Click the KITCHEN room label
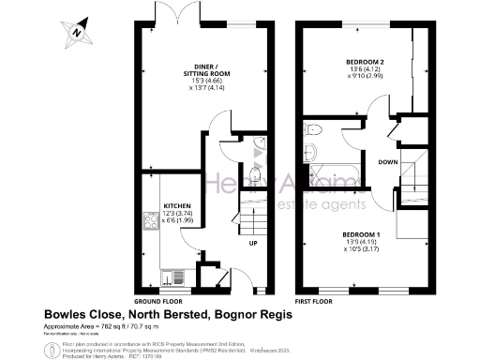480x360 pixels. coord(178,204)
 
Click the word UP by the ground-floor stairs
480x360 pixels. coord(251,244)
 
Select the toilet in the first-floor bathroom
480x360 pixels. coord(314,130)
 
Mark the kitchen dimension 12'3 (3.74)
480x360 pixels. coord(178,213)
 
